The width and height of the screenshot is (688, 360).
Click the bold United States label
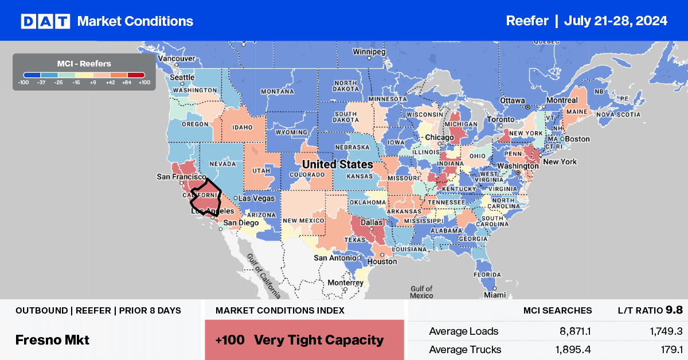click(x=337, y=165)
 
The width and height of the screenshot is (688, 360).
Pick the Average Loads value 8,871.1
click(x=568, y=331)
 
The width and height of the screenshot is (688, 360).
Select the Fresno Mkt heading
click(x=52, y=340)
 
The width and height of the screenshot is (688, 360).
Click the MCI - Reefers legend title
click(x=84, y=64)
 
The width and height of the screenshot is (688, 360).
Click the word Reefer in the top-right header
click(x=527, y=21)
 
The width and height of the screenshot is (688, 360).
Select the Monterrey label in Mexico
click(x=346, y=283)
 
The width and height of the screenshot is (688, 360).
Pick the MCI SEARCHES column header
click(x=557, y=310)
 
